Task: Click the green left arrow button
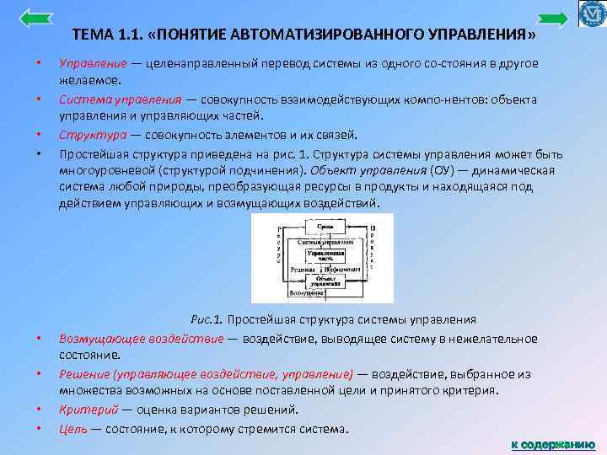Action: point(35,17)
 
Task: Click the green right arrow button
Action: point(552,19)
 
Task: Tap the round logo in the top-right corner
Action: point(593,14)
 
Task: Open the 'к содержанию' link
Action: point(552,444)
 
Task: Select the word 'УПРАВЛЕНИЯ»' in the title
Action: point(482,36)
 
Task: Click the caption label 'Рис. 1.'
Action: point(206,320)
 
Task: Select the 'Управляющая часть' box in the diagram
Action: point(324,255)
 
